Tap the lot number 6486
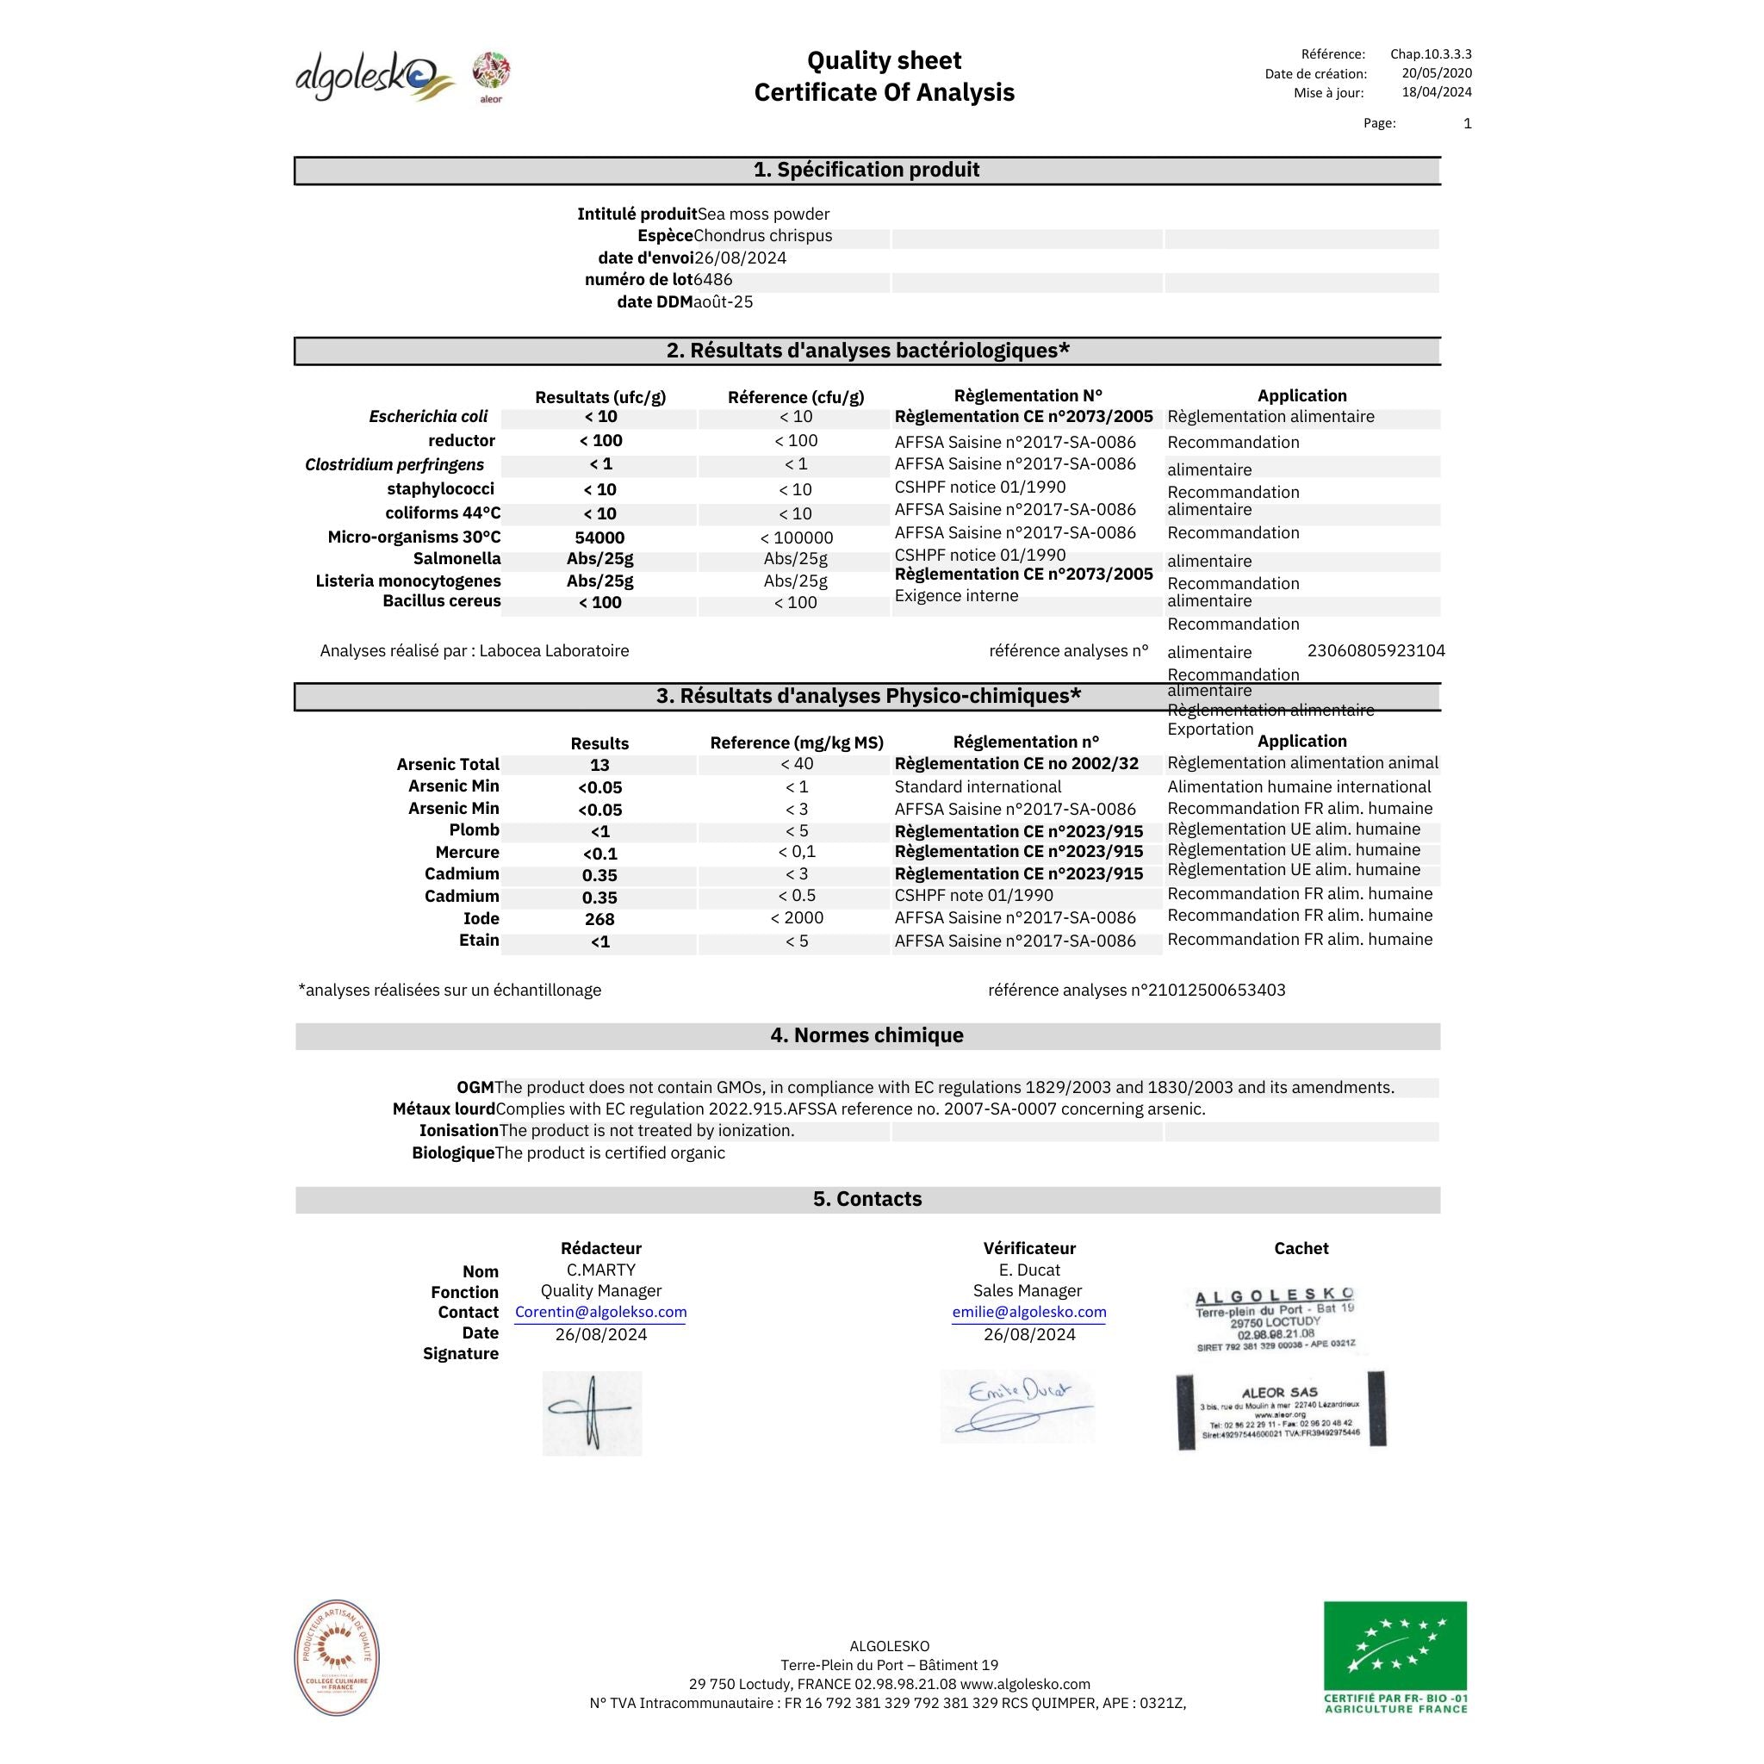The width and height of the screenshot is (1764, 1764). point(713,280)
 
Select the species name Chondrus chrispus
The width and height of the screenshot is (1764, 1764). point(762,235)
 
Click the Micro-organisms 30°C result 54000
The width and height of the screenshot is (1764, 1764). point(599,537)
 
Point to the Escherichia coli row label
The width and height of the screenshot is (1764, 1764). point(428,417)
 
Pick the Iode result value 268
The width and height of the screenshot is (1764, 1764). point(599,919)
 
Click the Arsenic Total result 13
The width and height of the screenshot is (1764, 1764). point(599,765)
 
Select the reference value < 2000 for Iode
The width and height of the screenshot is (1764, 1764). point(796,918)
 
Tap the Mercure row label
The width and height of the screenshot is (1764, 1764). point(467,853)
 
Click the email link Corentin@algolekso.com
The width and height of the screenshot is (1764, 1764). point(601,1313)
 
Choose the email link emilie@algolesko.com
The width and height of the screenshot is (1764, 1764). point(1029,1313)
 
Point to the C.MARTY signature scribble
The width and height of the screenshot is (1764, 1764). point(592,1413)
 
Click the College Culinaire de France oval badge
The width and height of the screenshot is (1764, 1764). point(337,1657)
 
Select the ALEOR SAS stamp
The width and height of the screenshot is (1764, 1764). point(1281,1411)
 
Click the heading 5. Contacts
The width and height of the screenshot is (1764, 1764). point(867,1200)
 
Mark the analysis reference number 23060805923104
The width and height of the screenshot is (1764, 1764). point(1376,651)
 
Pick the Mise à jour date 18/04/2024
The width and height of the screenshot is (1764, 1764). point(1436,92)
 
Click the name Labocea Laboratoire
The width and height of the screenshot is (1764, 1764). point(554,651)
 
